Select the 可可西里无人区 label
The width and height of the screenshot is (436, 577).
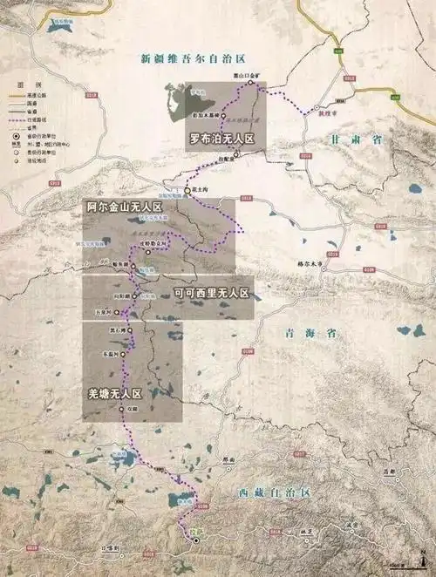pyautogui.click(x=212, y=292)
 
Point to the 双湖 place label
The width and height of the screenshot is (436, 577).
pyautogui.click(x=133, y=407)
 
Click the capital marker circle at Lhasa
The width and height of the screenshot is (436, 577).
pyautogui.click(x=196, y=540)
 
